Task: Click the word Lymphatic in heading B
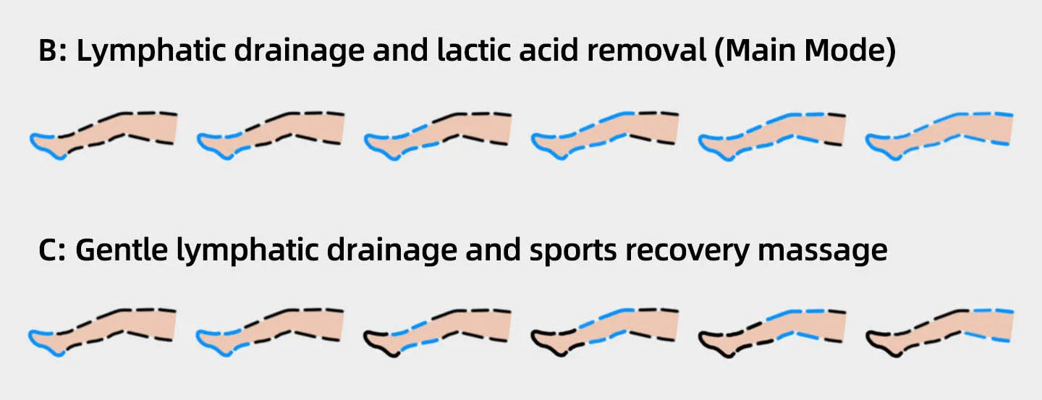(x=141, y=54)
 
